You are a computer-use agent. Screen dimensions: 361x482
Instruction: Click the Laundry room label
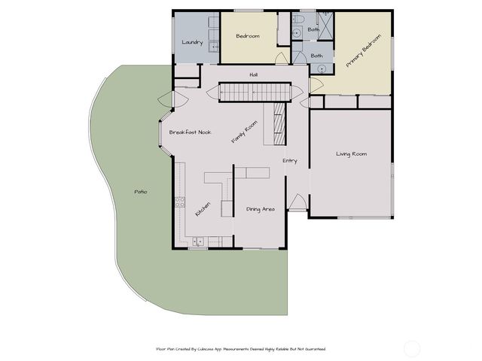[192, 42]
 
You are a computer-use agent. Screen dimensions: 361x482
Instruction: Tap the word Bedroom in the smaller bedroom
[248, 36]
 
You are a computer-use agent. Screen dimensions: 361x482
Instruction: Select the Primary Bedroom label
[363, 52]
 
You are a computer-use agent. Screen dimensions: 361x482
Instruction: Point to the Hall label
[255, 74]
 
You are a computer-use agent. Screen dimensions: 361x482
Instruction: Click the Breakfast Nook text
[190, 132]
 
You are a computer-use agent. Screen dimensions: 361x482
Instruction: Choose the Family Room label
[244, 132]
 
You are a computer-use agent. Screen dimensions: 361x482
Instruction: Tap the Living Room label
[351, 154]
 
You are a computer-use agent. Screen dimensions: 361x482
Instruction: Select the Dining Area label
[260, 208]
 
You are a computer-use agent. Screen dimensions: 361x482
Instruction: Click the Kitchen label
[203, 208]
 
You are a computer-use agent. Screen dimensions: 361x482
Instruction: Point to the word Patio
[140, 192]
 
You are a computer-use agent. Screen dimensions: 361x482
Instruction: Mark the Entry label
[289, 160]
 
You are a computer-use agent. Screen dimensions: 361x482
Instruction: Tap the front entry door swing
[297, 202]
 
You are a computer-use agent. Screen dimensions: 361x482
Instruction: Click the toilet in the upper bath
[298, 19]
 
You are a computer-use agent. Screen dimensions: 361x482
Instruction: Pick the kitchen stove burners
[179, 202]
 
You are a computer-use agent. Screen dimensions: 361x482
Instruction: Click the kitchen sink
[197, 241]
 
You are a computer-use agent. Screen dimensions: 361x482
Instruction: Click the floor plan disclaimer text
[240, 349]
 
